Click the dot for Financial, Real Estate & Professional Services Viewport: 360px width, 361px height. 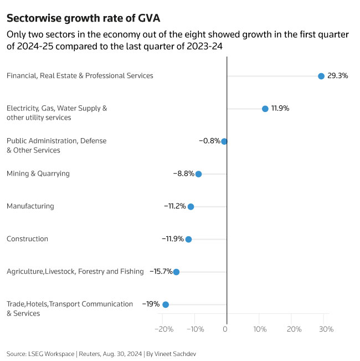[x=321, y=76]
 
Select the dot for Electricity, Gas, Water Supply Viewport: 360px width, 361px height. [x=265, y=109]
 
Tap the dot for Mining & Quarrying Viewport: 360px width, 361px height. [x=198, y=174]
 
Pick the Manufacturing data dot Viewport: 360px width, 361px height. [x=191, y=206]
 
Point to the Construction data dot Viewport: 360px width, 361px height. [x=188, y=239]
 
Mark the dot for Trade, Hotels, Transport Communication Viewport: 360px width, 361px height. [x=166, y=304]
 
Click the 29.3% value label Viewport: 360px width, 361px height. [x=338, y=76]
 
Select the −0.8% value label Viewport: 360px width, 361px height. [x=209, y=141]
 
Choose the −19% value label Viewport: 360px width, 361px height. [x=151, y=304]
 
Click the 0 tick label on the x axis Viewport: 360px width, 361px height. [x=225, y=329]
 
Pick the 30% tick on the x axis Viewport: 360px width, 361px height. [x=327, y=329]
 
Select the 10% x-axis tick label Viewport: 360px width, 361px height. [x=260, y=329]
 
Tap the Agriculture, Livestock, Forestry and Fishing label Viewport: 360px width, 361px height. [x=75, y=272]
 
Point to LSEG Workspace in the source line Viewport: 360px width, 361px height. [x=50, y=353]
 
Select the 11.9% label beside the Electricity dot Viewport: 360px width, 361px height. [x=280, y=108]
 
